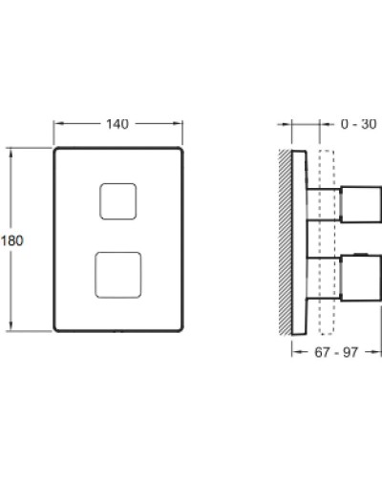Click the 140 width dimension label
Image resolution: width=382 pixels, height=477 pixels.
click(x=118, y=124)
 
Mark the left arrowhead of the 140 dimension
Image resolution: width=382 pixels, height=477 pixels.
click(x=56, y=124)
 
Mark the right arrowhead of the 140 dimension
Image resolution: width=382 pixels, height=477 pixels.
click(x=180, y=124)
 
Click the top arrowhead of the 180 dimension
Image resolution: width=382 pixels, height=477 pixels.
click(x=12, y=150)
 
